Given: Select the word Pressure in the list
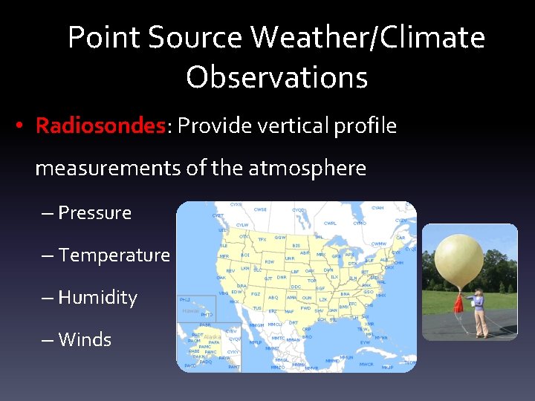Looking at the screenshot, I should click(x=94, y=212).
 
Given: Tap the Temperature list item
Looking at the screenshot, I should click(x=114, y=255).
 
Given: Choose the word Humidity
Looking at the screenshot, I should click(x=97, y=297).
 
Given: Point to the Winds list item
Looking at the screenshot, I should click(x=84, y=339).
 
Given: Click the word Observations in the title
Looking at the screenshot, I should click(x=276, y=76).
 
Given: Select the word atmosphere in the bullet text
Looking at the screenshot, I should click(x=307, y=169).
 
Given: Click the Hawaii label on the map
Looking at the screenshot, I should click(x=191, y=310).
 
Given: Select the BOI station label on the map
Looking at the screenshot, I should click(x=244, y=255).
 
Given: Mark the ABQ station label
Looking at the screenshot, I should click(x=273, y=298).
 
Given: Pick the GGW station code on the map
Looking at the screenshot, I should click(x=280, y=238).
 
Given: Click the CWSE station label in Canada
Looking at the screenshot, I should click(x=260, y=209).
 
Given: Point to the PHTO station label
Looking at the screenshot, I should click(x=207, y=315).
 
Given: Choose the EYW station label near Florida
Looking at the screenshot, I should click(x=365, y=342).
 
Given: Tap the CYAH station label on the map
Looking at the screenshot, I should click(x=377, y=208).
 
